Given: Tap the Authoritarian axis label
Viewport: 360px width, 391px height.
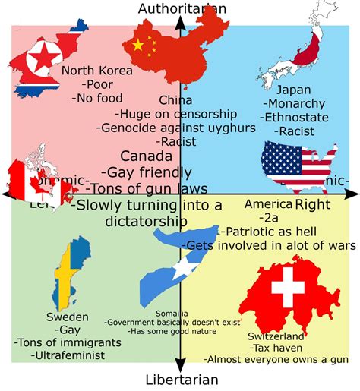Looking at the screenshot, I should point(182,8).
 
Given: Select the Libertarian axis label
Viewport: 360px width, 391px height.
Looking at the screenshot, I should point(182,380).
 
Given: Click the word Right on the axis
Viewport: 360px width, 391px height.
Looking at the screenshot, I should point(310,205).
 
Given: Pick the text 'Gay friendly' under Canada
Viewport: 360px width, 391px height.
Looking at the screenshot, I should point(156,172).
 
